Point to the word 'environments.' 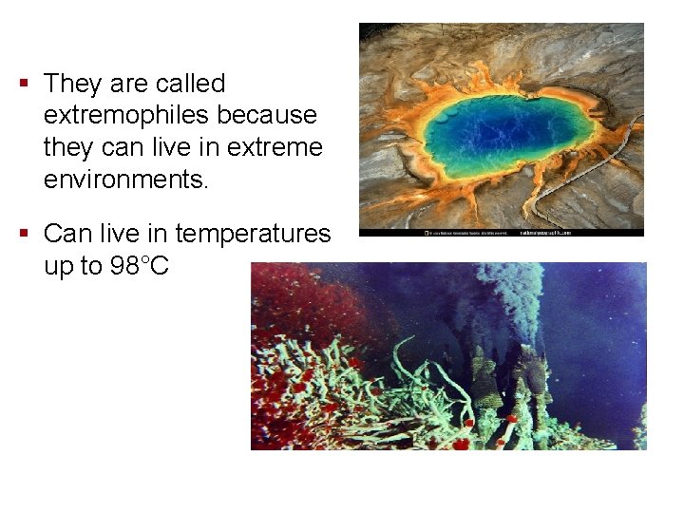click(125, 179)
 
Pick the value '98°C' click(140, 266)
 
